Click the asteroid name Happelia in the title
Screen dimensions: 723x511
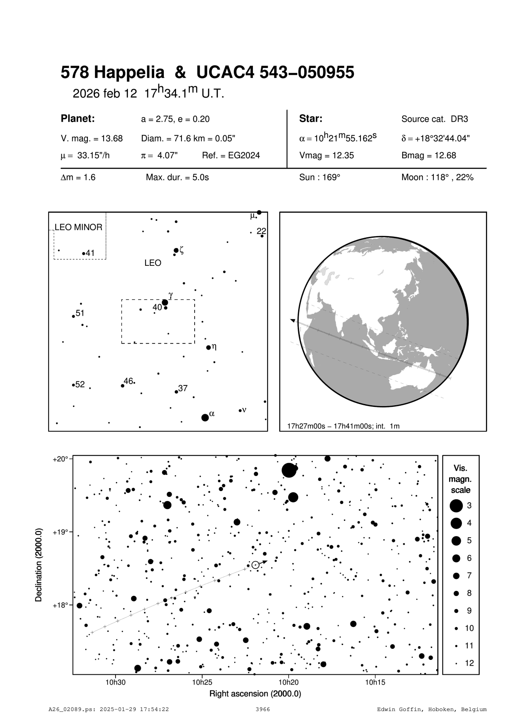coord(129,73)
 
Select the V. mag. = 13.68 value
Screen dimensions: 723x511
coord(92,139)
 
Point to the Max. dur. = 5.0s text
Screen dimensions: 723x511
coord(177,177)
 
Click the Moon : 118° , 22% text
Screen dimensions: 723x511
coord(437,177)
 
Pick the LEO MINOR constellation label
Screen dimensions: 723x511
coord(78,227)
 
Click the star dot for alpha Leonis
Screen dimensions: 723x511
coord(205,418)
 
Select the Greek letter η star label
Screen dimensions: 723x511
coord(214,347)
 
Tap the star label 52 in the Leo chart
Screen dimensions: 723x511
coord(80,385)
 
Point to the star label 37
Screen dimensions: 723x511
coord(183,388)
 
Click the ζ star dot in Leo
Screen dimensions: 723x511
coord(176,250)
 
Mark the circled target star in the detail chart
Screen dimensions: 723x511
coord(255,565)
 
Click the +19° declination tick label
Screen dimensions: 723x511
coord(60,532)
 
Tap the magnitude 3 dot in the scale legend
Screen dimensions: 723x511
coord(456,506)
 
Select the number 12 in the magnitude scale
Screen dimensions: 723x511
coord(469,663)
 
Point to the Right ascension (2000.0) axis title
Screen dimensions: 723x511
coord(255,694)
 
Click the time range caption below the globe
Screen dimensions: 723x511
coord(343,426)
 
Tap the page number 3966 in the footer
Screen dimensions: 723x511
coord(263,709)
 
